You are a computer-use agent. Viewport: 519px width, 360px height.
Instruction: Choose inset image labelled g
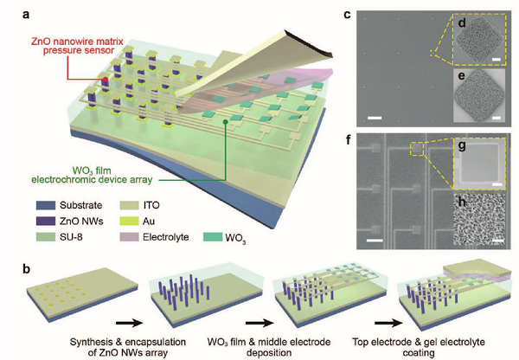(x=477, y=166)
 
